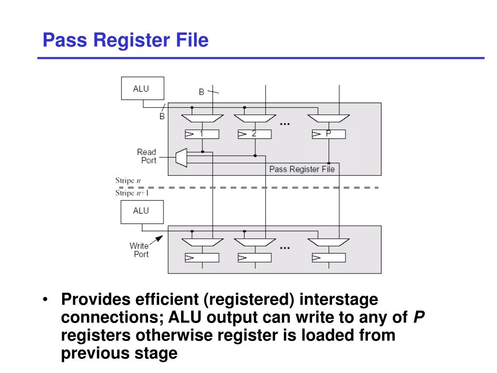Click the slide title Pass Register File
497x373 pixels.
125,40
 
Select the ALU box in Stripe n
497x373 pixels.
142,89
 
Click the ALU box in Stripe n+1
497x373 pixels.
142,212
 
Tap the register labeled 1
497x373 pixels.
202,134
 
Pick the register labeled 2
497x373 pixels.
254,134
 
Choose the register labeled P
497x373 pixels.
329,134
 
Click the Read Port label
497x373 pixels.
146,156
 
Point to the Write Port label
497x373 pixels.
139,250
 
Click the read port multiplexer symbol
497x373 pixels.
181,157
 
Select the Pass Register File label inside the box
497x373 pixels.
301,169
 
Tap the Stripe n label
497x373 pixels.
128,181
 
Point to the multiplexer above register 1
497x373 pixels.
202,118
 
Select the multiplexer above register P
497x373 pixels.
329,118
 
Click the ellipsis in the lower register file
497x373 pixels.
284,248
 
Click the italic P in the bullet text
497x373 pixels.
419,317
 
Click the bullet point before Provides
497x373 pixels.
45,300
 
